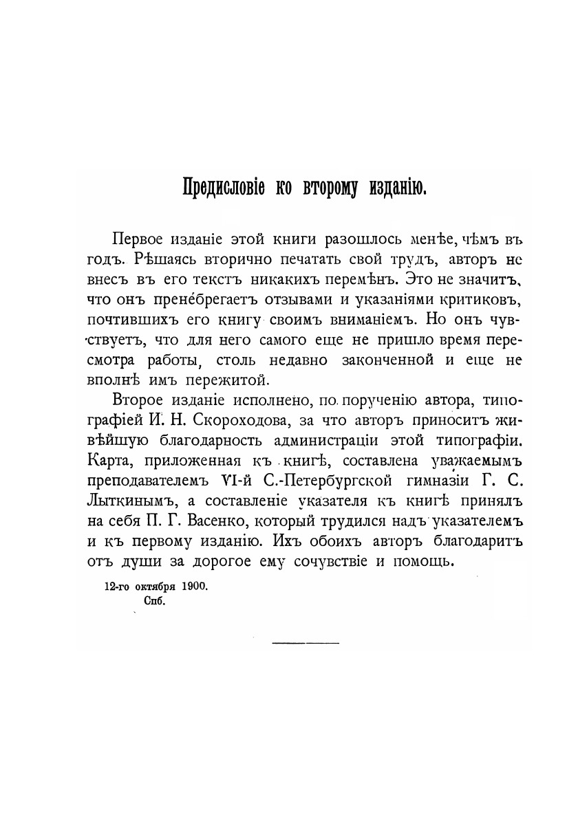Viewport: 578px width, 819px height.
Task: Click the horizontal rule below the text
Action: coord(306,642)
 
